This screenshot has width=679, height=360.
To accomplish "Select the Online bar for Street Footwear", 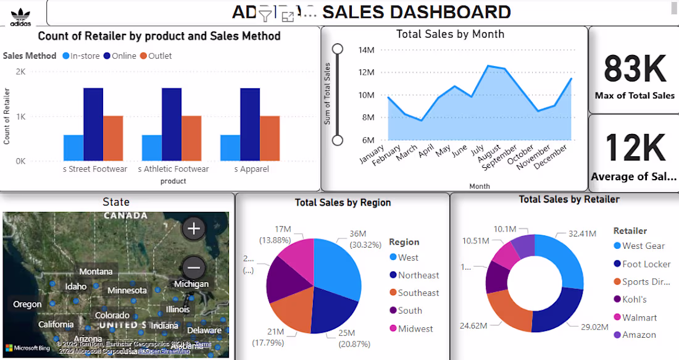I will click(93, 124).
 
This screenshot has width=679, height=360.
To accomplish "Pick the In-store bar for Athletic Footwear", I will click(152, 148).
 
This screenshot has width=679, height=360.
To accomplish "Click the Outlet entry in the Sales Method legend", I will click(156, 56).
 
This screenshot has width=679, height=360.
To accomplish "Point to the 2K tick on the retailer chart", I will click(20, 72).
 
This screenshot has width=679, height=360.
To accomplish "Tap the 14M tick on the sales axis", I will click(367, 50).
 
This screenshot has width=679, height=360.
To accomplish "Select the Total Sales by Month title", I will click(450, 35).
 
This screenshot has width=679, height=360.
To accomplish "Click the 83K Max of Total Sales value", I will click(635, 69).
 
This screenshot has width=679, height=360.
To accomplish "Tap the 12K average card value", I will click(635, 148).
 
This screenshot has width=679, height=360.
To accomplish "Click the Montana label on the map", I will click(96, 272).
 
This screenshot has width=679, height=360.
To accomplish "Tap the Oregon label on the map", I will click(27, 304).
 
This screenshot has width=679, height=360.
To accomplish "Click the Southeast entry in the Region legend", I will click(419, 293).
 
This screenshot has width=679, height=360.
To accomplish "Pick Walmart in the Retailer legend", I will click(639, 317).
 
